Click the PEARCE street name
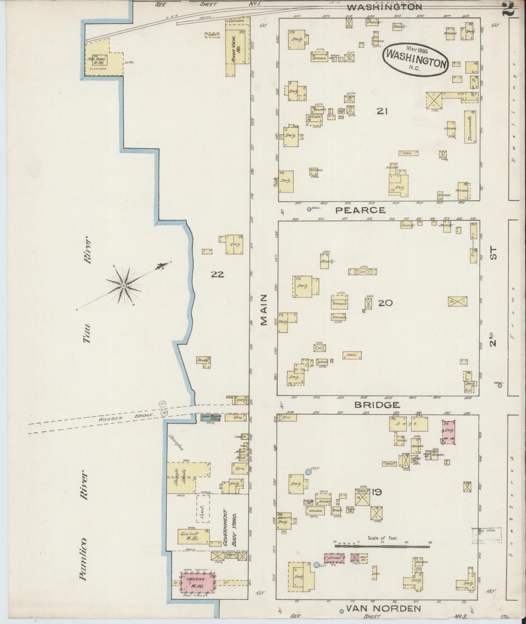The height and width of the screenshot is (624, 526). (x=360, y=210)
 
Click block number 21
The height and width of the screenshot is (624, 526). (x=382, y=111)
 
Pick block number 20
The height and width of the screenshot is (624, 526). (x=385, y=303)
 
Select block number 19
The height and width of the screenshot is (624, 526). (x=377, y=493)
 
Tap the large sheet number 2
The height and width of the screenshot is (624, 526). (x=508, y=8)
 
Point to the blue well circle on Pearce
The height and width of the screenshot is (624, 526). (x=309, y=209)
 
